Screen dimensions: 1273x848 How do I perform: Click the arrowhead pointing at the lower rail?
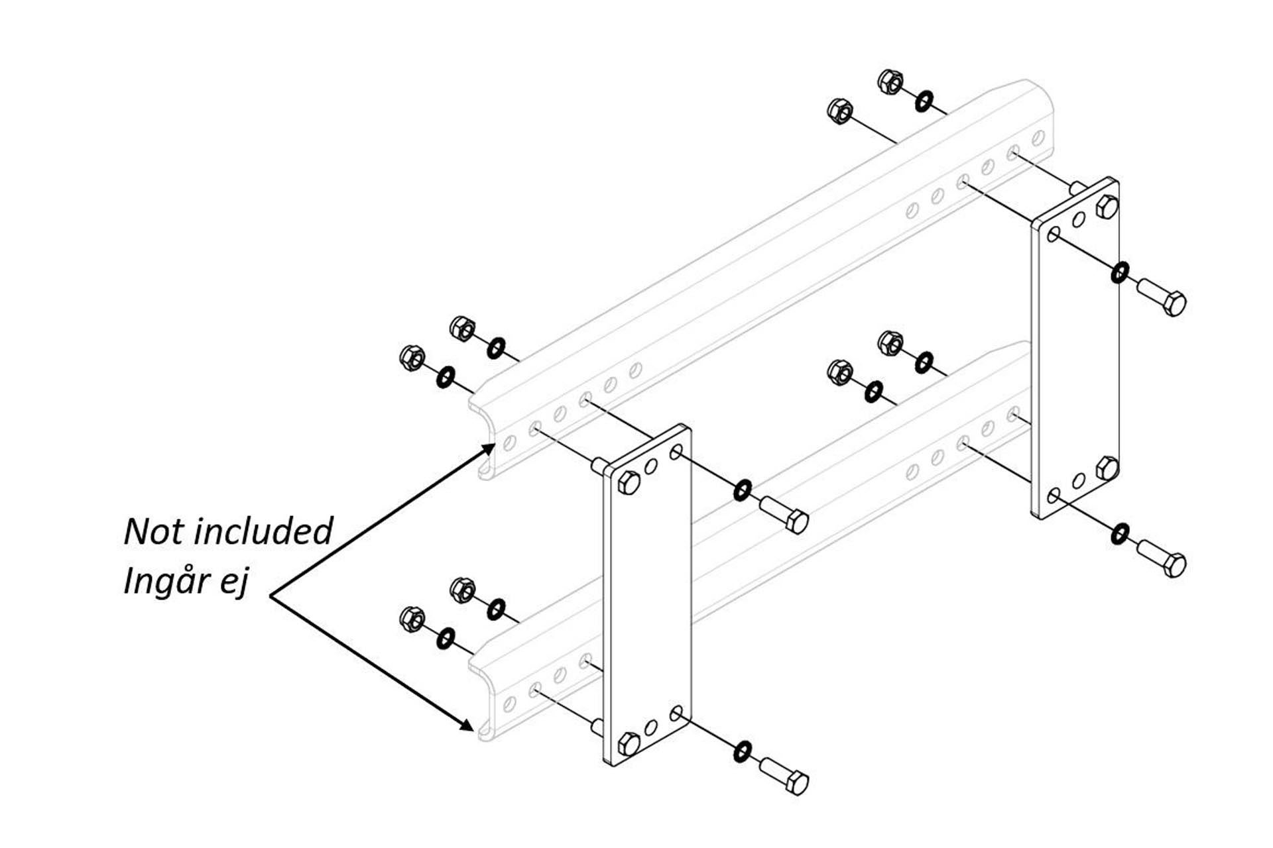coord(467,725)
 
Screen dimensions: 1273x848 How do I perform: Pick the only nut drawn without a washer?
coord(840,111)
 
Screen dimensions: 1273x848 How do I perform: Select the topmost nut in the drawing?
coord(890,81)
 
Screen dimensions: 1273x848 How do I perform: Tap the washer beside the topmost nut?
coord(924,102)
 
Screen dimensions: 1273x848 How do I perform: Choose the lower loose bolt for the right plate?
coord(1162,557)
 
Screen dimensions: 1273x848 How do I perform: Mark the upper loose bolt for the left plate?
coord(784,514)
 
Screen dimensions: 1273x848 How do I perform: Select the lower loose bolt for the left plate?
coord(784,776)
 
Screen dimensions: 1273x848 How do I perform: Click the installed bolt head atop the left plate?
coord(629,482)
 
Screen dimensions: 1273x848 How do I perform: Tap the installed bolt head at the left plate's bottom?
coord(629,744)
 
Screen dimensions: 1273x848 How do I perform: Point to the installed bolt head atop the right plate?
coord(1107,207)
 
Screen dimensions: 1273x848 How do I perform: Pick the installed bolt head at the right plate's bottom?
coord(1107,468)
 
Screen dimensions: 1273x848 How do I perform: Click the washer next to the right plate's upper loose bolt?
coord(1120,272)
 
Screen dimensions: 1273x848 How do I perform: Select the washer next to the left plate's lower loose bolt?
coord(743,751)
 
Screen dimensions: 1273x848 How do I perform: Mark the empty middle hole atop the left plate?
coord(652,466)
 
